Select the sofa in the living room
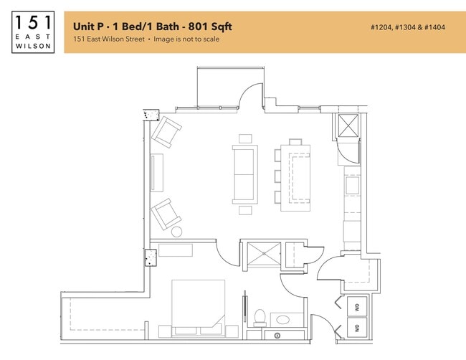click(244, 174)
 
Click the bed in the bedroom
click(198, 309)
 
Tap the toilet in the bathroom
click(260, 316)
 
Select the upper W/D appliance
click(356, 308)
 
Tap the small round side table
click(177, 232)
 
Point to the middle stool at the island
click(278, 175)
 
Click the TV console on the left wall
click(157, 173)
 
